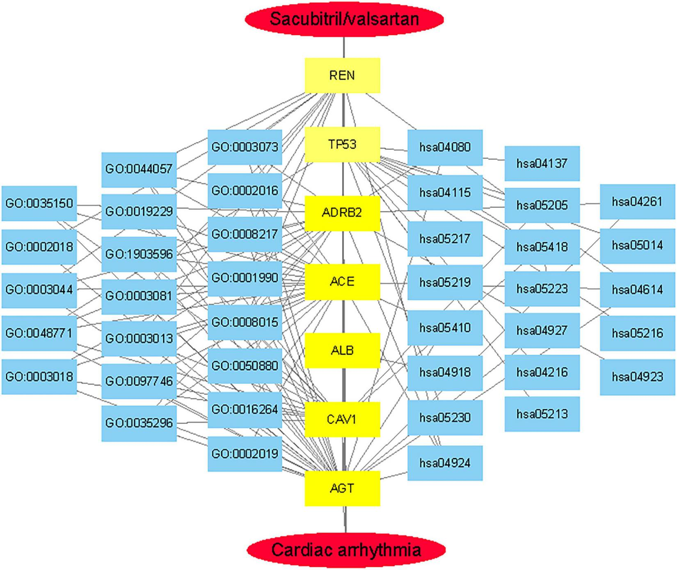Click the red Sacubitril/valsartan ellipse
[344, 19]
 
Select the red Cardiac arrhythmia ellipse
[345, 549]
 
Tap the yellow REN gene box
[342, 75]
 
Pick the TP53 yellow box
[342, 144]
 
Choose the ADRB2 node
[342, 213]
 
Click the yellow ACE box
[342, 282]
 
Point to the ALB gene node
[342, 351]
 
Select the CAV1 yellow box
[342, 420]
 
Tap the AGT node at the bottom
[342, 488]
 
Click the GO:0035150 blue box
[39, 203]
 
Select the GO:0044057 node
[139, 169]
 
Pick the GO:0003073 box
[245, 147]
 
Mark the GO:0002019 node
[245, 454]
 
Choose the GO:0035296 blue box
[139, 423]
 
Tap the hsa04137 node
[542, 164]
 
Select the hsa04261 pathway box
[637, 202]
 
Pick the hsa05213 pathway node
[542, 414]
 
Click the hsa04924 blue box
[445, 463]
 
